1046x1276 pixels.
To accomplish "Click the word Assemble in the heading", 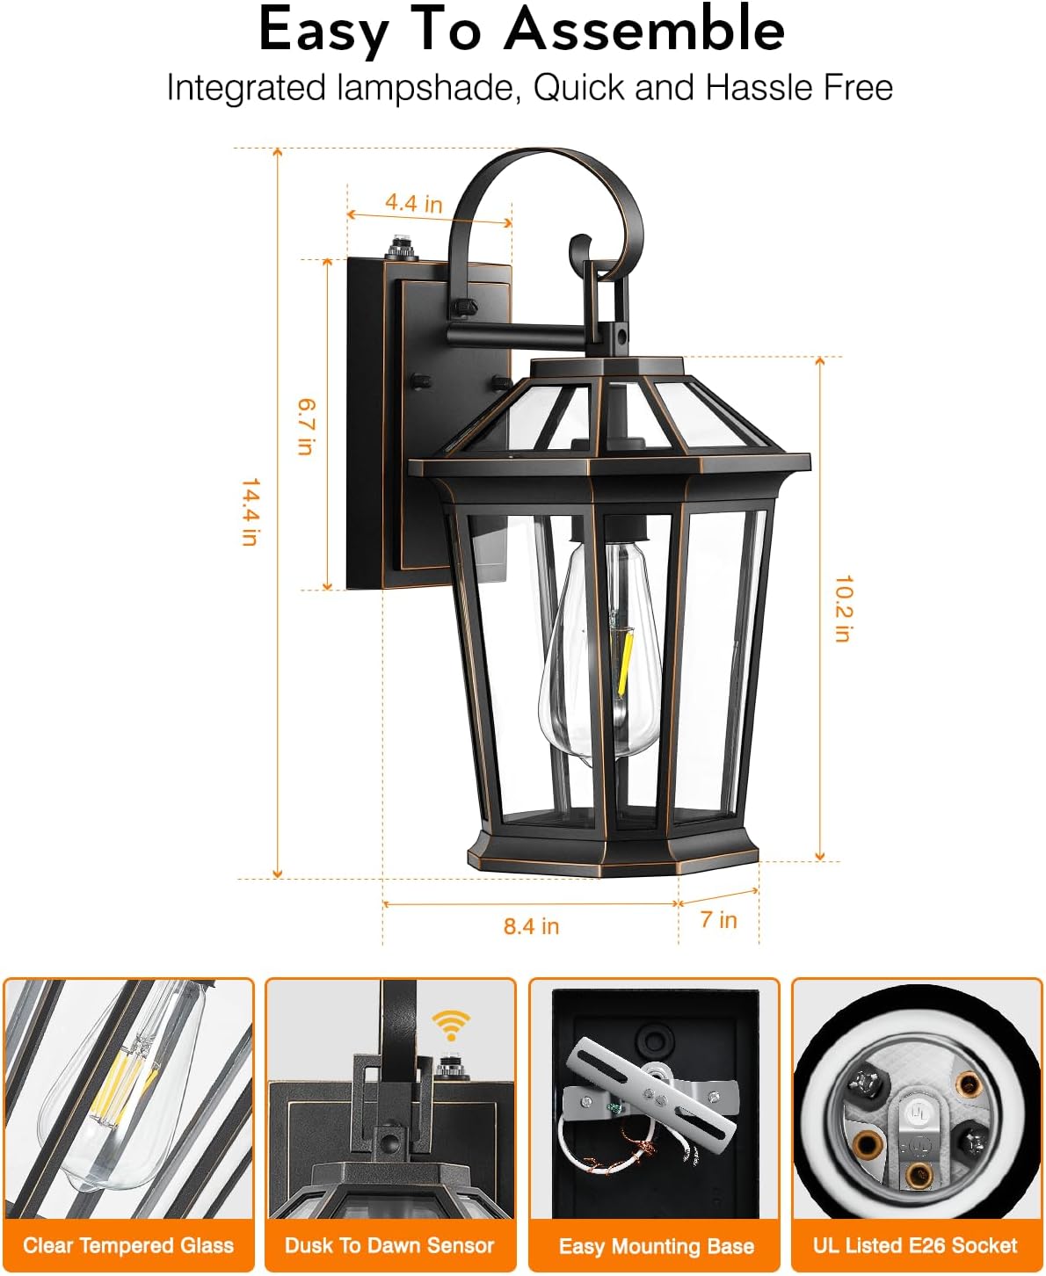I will coord(644,29).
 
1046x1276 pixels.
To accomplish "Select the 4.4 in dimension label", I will coord(413,203).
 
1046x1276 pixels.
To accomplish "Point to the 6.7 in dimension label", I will coord(305,426).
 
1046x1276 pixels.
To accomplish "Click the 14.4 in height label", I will coord(250,511).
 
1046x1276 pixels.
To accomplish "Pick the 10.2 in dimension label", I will coord(843,608).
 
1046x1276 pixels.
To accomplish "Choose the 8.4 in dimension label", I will coord(531,926).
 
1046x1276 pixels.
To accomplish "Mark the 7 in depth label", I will coord(718,920).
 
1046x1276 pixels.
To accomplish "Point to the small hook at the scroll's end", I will coord(579,247).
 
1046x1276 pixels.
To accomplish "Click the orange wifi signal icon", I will coord(451,1025).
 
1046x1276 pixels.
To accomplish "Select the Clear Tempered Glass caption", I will coord(128,1245).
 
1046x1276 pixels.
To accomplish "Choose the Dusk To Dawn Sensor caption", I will coord(389,1245).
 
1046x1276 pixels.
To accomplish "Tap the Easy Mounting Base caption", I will coord(656,1246).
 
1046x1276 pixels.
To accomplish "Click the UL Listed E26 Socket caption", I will coord(915,1245).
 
